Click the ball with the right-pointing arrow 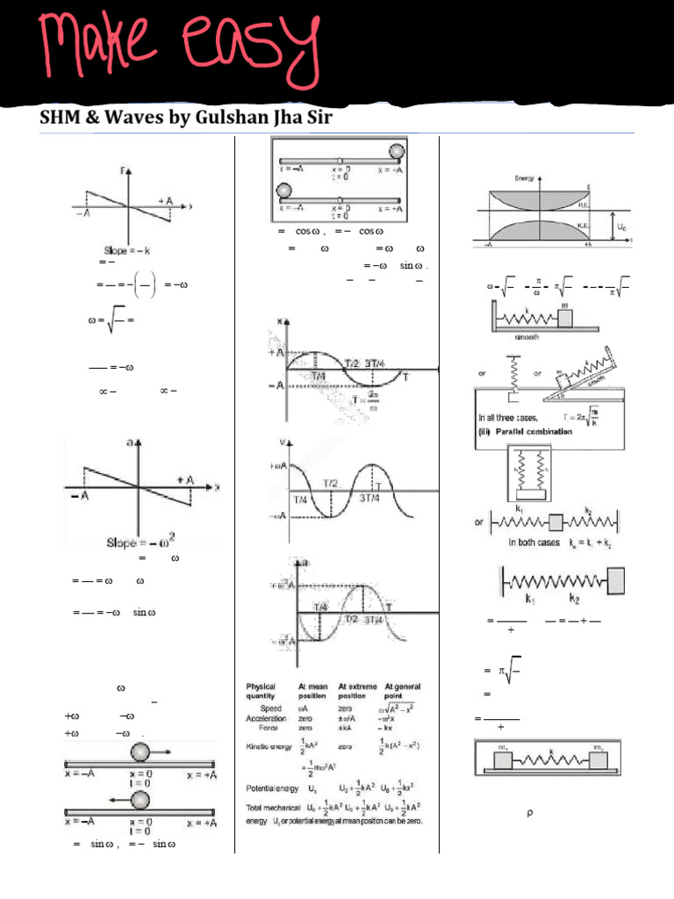pos(141,752)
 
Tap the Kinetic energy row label pos(268,745)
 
